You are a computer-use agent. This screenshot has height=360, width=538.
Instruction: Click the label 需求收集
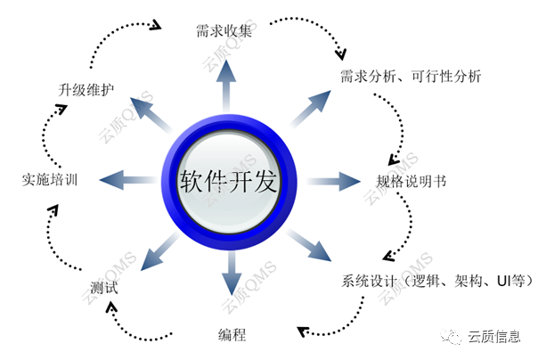pos(225,32)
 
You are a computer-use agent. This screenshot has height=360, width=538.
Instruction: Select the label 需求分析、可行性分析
pos(411,77)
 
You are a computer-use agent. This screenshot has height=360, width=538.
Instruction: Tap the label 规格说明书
pos(411,181)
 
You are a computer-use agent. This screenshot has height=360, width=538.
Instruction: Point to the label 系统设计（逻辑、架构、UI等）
pos(436,281)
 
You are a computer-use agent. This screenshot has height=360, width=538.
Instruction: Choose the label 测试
pos(104,289)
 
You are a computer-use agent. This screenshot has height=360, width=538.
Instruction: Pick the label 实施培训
pos(50,181)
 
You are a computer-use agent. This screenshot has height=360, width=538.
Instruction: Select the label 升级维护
pos(87,89)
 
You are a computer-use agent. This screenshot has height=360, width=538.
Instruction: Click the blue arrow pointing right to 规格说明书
pos(332,181)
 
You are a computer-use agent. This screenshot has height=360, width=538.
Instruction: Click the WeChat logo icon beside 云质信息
pos(457,337)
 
